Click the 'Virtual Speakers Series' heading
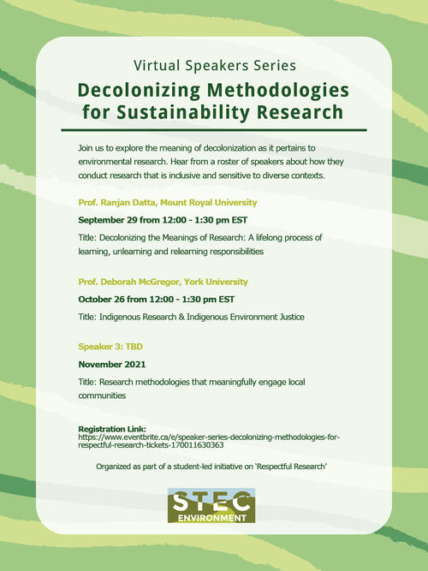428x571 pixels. click(214, 66)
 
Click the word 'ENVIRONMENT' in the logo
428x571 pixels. click(211, 517)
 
